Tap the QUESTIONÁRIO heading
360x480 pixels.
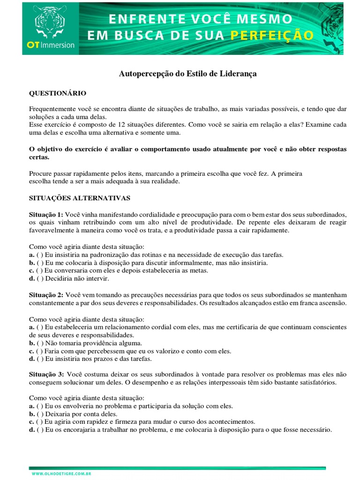(58, 93)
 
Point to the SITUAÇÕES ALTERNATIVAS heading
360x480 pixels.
(80, 198)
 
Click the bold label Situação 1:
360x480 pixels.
(46, 213)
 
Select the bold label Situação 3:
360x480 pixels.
(46, 375)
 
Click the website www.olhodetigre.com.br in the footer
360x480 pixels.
(61, 474)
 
